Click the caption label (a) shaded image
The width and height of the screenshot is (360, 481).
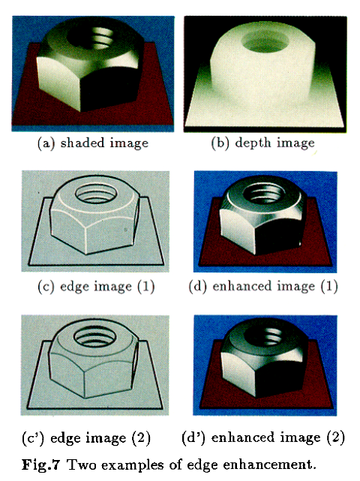[x=93, y=143]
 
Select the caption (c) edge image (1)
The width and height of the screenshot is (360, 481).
[x=96, y=287]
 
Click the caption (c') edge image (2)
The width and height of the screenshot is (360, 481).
[x=86, y=437]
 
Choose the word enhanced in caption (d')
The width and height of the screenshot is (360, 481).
[x=240, y=437]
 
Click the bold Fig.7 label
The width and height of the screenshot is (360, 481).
[x=40, y=465]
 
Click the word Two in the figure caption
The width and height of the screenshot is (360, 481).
[x=81, y=465]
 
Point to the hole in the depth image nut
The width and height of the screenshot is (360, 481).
[x=265, y=41]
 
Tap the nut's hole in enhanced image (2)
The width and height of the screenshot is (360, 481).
[x=264, y=336]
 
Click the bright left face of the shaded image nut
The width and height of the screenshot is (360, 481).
[x=59, y=82]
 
